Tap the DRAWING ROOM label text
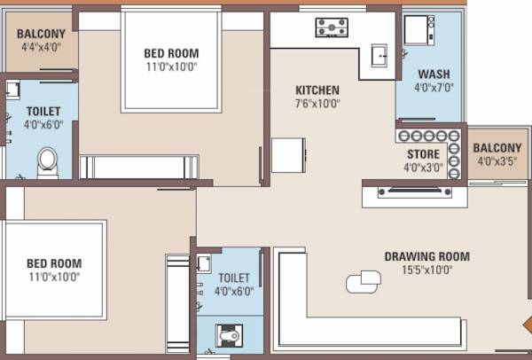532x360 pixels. coord(426,257)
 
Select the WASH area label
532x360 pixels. coord(434,74)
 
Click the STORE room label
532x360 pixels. coord(423,154)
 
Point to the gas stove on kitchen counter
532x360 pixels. coord(332,27)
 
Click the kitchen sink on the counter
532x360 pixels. coord(381,55)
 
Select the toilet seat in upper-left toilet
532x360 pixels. coord(47,160)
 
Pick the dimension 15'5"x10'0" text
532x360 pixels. coord(426,270)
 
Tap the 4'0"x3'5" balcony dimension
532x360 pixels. coord(497,161)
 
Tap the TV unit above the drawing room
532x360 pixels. coord(415,191)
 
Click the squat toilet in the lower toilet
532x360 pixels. coord(230,337)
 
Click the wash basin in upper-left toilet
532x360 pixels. coord(13,90)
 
